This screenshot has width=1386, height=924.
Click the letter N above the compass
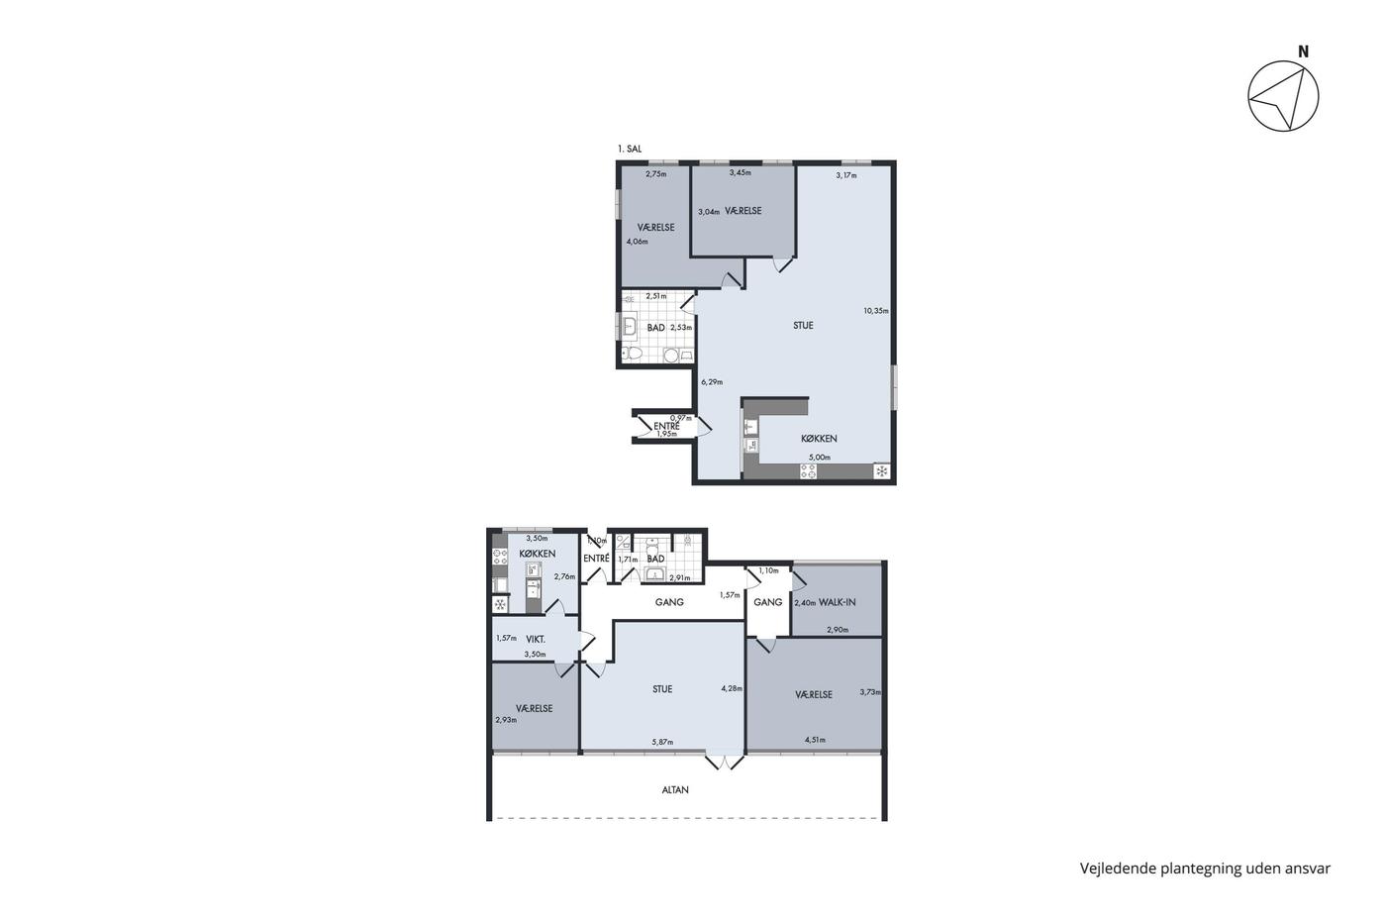click(x=1303, y=51)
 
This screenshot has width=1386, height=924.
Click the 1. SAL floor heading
click(x=630, y=150)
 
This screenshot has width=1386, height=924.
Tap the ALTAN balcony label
click(x=675, y=790)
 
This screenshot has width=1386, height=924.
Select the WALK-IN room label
click(x=837, y=602)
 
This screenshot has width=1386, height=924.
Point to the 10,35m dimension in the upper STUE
click(x=876, y=311)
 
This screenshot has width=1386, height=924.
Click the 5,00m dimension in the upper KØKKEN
click(x=820, y=458)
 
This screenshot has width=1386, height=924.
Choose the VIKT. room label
click(x=536, y=640)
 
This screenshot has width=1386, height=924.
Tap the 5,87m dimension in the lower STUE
click(x=662, y=742)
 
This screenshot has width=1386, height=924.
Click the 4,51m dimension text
click(x=815, y=740)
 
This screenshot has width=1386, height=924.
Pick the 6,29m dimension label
click(x=712, y=382)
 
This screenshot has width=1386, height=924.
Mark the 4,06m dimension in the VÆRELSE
click(x=637, y=242)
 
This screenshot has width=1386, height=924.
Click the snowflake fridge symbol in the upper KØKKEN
click(x=882, y=471)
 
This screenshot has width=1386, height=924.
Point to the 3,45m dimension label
click(x=741, y=172)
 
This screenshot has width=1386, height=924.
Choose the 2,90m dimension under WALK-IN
click(x=838, y=630)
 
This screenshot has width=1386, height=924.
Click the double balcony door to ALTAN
click(x=725, y=761)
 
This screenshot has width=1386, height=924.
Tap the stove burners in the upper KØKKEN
click(x=808, y=471)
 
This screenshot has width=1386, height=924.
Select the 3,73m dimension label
click(x=870, y=692)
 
